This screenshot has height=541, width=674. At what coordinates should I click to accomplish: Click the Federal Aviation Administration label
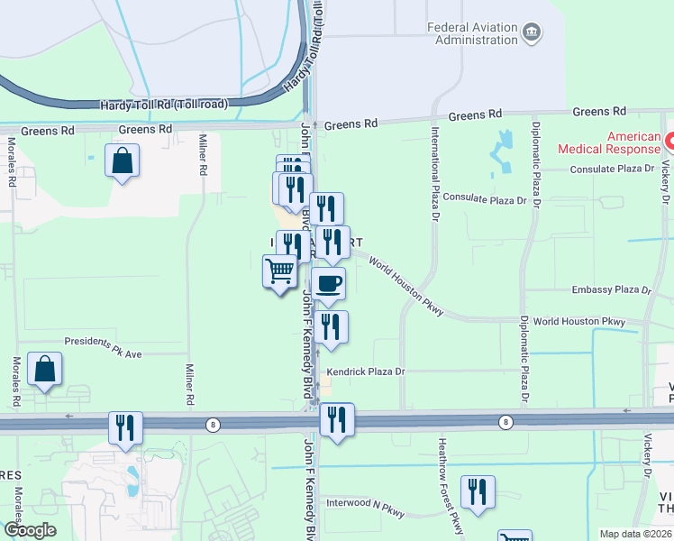[473, 32]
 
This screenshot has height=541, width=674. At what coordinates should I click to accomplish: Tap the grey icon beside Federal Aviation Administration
[532, 33]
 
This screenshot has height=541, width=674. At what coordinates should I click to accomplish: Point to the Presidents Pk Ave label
[103, 347]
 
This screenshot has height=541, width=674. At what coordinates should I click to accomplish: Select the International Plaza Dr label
[433, 177]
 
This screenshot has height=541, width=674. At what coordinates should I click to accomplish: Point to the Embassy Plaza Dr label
[611, 290]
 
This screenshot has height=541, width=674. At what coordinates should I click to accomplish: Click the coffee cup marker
[328, 283]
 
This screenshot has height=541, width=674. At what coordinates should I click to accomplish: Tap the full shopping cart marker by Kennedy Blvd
[280, 270]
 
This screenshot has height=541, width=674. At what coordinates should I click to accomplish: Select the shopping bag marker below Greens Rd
[122, 161]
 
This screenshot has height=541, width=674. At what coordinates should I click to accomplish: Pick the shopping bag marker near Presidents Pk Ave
[43, 369]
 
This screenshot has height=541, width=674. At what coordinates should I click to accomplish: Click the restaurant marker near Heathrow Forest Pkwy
[477, 491]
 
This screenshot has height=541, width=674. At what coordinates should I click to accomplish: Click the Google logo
[29, 530]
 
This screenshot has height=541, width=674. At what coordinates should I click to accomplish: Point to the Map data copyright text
[634, 534]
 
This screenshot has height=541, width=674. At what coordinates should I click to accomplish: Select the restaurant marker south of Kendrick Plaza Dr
[337, 418]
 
